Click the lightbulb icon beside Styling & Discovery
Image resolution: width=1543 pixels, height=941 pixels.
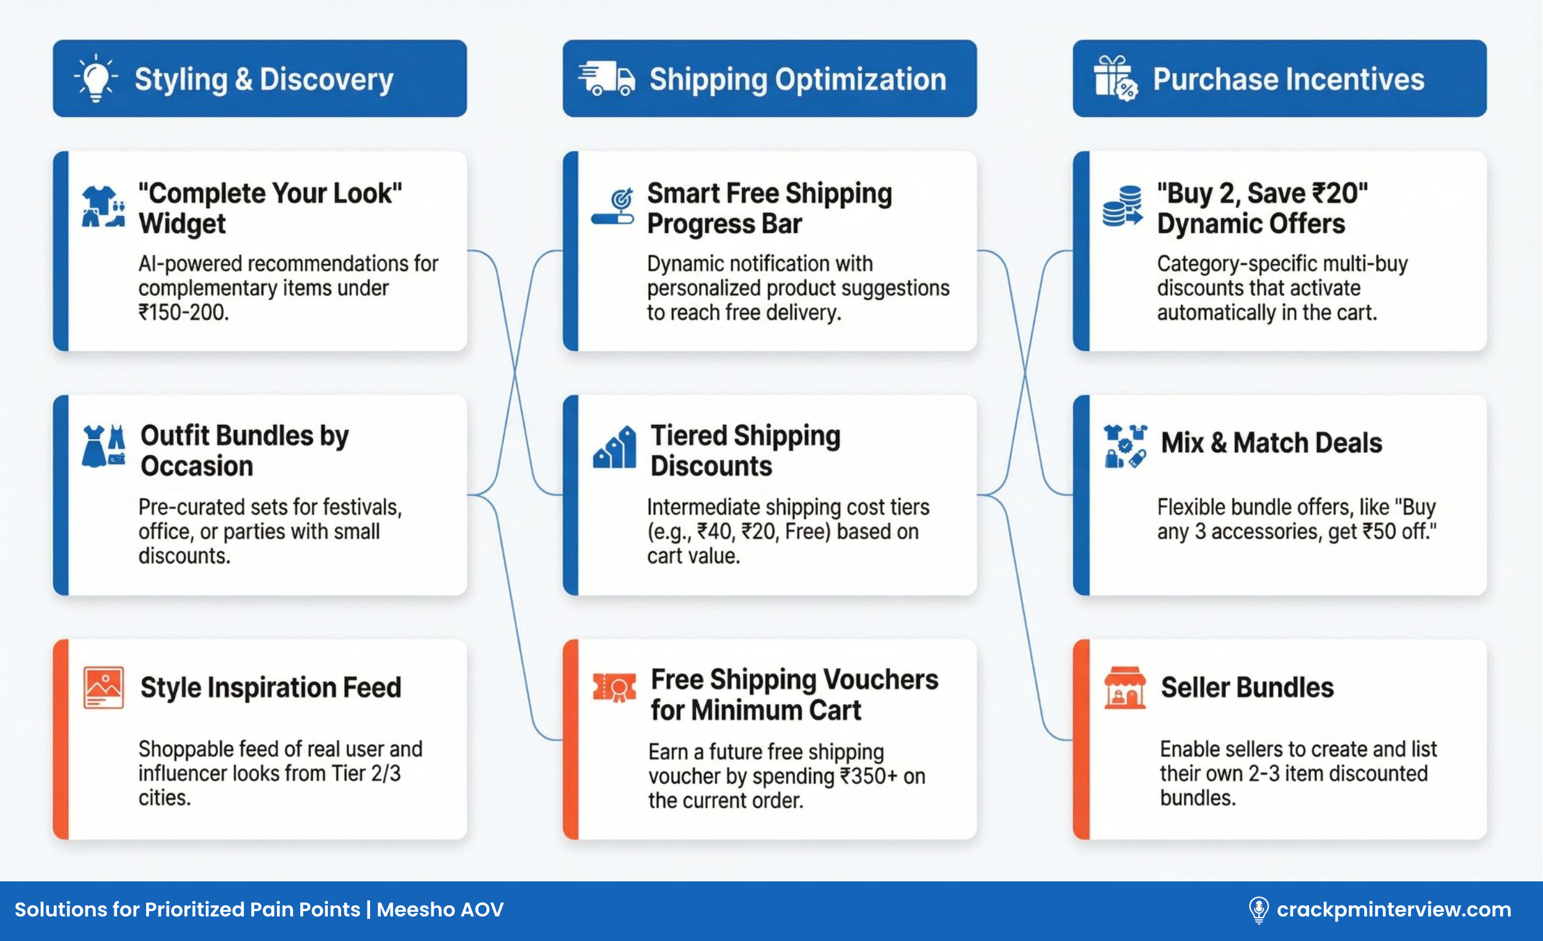click(96, 78)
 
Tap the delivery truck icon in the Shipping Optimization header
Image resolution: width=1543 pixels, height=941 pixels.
click(606, 79)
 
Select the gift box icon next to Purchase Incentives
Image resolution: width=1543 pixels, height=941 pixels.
click(1115, 78)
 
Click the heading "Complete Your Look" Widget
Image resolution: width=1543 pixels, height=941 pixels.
click(270, 208)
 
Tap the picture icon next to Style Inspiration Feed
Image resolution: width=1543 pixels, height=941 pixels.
click(103, 687)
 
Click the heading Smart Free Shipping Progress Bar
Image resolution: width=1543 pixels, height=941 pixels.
click(769, 208)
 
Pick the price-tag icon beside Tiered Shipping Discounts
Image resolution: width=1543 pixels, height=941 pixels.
click(614, 447)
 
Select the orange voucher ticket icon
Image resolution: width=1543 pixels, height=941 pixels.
click(614, 687)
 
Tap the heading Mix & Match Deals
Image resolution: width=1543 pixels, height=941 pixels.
click(1271, 442)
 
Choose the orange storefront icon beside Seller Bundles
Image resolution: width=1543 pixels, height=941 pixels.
click(1125, 687)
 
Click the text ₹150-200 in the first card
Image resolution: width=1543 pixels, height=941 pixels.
click(184, 312)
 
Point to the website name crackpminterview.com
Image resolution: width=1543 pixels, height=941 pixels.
click(1394, 909)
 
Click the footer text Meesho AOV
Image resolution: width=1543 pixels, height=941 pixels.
click(440, 909)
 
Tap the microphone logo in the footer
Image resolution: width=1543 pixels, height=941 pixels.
click(1258, 909)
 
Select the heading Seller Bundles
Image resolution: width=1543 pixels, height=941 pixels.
click(1247, 687)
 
